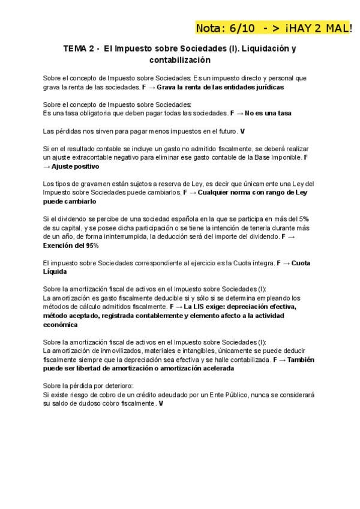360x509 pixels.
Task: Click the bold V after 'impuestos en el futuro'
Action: click(242, 131)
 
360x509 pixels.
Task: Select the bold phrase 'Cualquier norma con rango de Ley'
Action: click(253, 193)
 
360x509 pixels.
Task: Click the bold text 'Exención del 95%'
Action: click(71, 245)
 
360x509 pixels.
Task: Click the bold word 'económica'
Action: click(60, 325)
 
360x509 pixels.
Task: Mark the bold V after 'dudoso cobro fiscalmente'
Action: click(161, 404)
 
